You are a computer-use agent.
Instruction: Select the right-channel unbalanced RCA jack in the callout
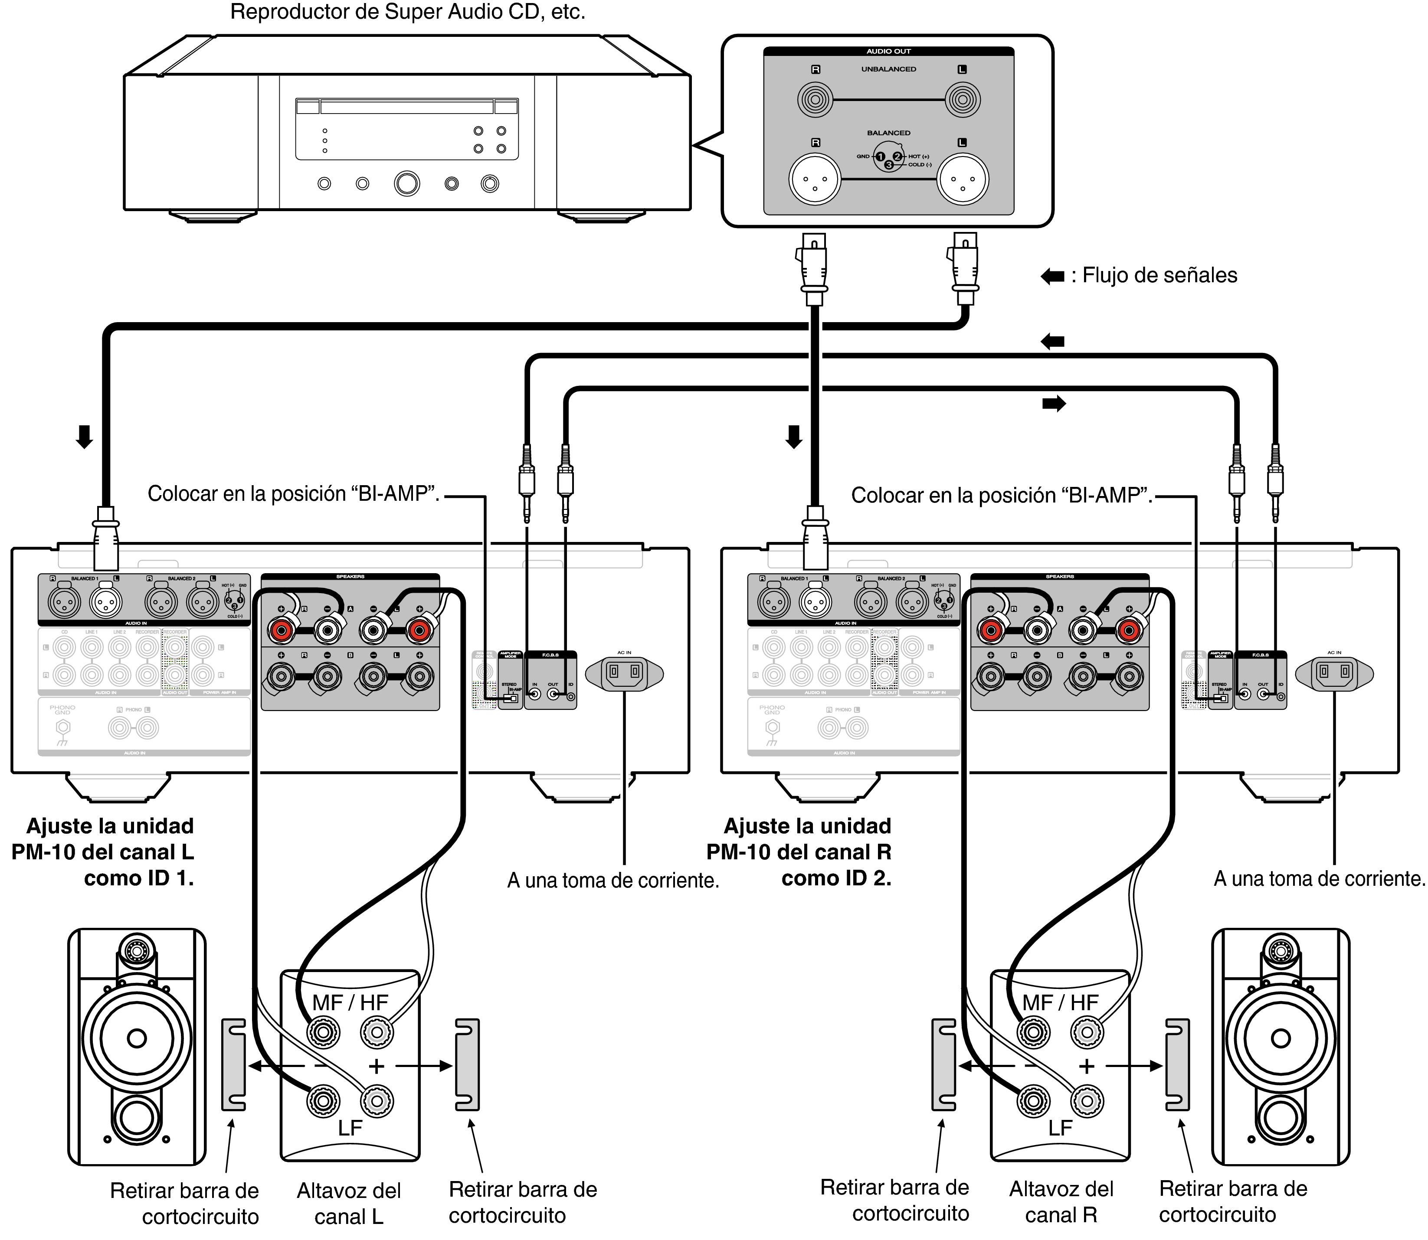tap(815, 100)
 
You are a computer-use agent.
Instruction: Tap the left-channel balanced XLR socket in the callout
tap(962, 179)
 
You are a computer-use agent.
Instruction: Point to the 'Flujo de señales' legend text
tap(1159, 275)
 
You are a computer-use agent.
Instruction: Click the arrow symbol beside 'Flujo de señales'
tap(1052, 276)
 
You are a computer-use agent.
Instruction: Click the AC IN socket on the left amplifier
tap(624, 672)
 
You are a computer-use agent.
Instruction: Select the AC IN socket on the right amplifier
tap(1334, 672)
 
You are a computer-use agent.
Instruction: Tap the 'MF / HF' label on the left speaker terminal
tap(350, 1003)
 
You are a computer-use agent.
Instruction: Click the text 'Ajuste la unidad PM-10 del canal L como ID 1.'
tap(104, 852)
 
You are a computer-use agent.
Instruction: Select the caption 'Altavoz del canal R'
tap(1061, 1202)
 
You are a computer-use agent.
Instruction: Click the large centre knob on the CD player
tap(406, 183)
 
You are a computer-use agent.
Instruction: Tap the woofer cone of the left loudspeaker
tap(137, 1038)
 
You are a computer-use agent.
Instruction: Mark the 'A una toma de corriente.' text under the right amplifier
tap(1319, 879)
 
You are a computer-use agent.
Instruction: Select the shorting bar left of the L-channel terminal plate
tap(233, 1065)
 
